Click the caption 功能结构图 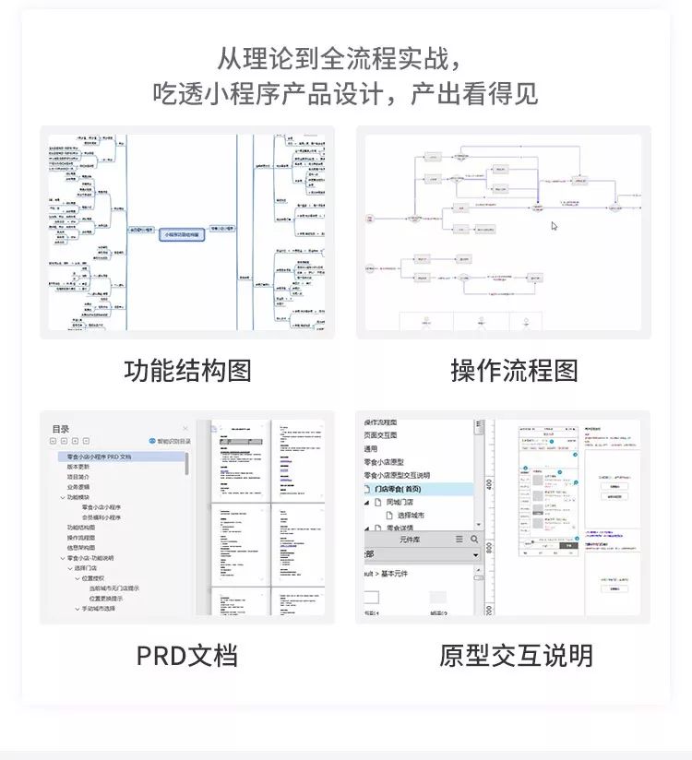[187, 371]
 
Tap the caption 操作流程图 [514, 371]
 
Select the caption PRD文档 [187, 656]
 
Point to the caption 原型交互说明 [515, 656]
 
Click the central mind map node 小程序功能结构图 [181, 235]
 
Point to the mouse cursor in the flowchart [555, 225]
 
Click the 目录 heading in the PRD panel [61, 429]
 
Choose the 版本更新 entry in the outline [79, 467]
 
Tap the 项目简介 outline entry [79, 477]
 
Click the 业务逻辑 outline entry [79, 487]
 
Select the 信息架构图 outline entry [81, 548]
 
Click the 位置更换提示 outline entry [113, 599]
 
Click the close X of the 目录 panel [185, 429]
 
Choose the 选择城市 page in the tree [405, 515]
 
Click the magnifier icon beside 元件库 [475, 539]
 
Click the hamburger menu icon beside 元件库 [459, 539]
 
